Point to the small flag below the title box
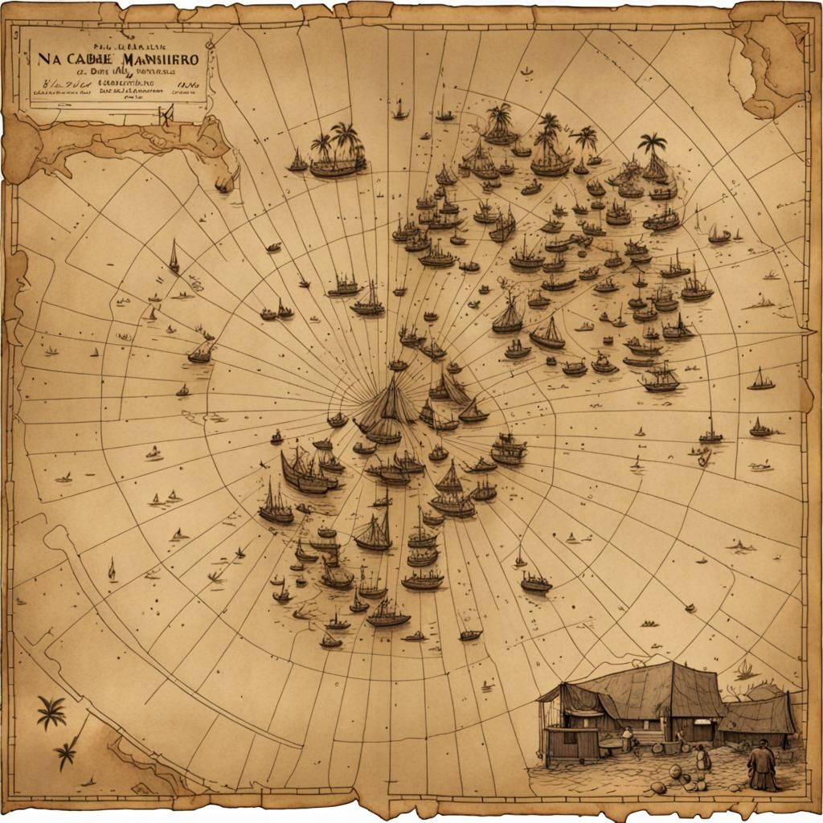coord(166,116)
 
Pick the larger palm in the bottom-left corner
coord(51,711)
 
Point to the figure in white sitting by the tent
coord(627,737)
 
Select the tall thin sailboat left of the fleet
coord(174,257)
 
